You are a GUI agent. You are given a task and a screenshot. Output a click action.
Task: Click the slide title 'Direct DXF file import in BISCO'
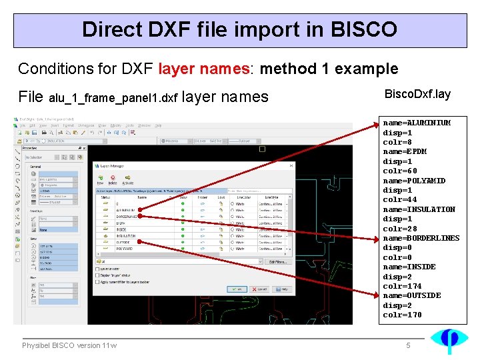239,29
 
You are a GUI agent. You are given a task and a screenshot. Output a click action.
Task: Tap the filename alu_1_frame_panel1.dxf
113,99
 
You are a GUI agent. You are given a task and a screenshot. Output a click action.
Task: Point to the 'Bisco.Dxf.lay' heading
418,94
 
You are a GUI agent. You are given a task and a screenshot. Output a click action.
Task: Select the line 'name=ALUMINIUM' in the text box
417,123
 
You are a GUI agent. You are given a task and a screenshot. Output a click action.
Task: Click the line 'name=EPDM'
405,151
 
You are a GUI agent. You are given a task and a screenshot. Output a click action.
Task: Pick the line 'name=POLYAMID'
414,181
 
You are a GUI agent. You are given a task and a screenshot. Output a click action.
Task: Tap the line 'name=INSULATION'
419,209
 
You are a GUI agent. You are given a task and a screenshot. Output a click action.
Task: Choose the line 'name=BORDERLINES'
421,238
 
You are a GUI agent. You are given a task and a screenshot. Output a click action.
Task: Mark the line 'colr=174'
402,286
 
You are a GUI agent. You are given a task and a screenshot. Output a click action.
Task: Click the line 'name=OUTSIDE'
411,295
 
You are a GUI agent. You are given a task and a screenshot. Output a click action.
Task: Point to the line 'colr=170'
402,315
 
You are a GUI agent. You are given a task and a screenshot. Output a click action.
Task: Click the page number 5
409,345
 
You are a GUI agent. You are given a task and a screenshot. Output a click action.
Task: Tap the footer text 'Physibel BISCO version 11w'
69,345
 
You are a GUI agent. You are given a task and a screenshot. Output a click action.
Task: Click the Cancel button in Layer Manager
261,289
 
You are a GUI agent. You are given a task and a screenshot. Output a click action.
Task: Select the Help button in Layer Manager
283,289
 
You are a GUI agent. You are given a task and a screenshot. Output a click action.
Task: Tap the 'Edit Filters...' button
277,261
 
